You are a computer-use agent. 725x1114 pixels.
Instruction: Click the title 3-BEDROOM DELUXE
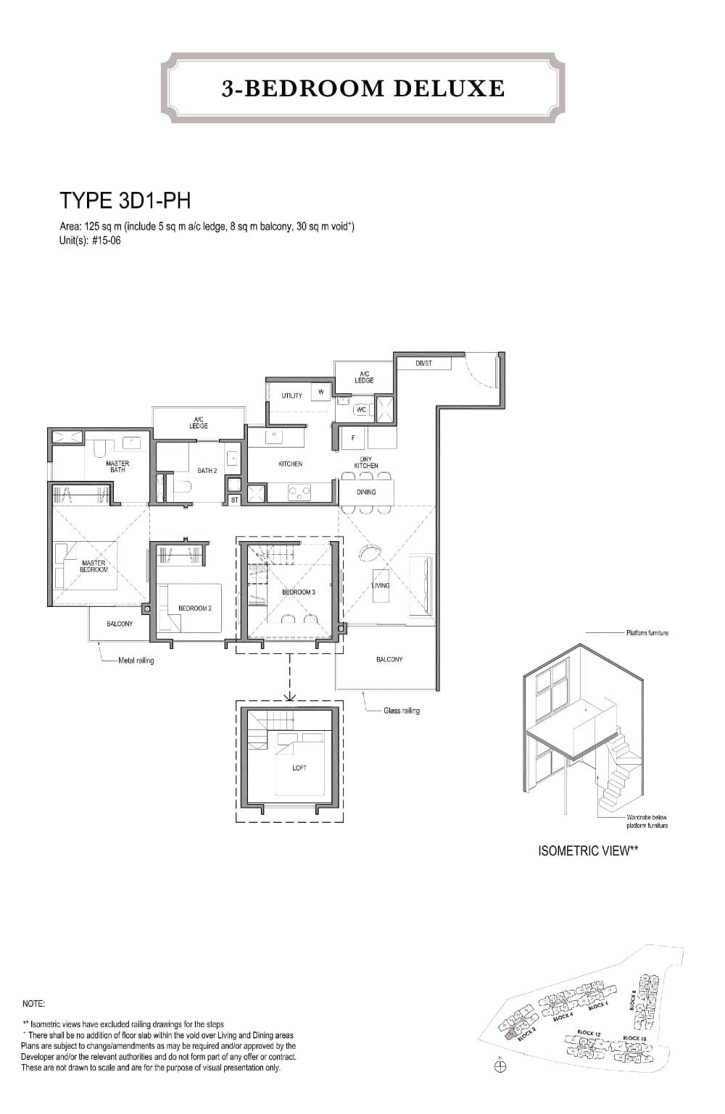[363, 88]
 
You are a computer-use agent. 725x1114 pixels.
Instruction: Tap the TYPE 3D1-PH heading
[125, 201]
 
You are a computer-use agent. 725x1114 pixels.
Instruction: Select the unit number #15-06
[106, 240]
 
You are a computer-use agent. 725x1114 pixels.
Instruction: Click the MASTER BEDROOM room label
[94, 566]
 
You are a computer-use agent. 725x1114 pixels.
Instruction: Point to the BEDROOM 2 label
[194, 608]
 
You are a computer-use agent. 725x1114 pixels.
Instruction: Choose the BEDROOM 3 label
[298, 592]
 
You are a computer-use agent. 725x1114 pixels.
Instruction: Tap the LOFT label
[299, 768]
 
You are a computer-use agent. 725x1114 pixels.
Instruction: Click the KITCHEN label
[290, 464]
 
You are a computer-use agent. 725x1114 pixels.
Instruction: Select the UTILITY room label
[291, 395]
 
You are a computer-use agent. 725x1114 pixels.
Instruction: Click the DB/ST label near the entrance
[423, 363]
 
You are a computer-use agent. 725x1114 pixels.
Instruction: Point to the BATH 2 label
[207, 471]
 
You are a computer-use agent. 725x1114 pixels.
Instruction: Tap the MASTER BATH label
[117, 466]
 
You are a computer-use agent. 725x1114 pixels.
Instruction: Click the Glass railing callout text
[402, 711]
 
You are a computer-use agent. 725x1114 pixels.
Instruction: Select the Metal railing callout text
[136, 661]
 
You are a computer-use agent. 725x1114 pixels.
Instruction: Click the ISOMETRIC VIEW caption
[588, 851]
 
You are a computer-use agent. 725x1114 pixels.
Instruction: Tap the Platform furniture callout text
[647, 633]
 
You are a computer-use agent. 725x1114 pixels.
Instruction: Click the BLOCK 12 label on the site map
[589, 1033]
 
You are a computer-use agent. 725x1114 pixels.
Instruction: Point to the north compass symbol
[499, 1066]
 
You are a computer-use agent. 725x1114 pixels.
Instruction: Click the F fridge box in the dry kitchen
[353, 437]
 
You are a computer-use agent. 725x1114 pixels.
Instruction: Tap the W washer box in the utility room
[320, 392]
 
